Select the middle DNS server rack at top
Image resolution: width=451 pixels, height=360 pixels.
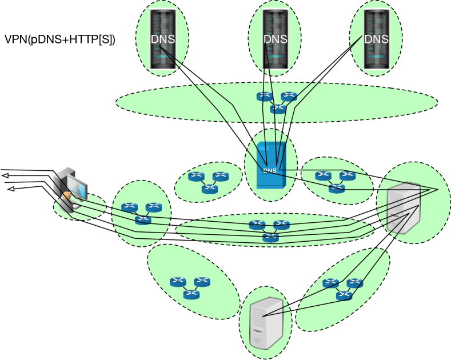click(275, 40)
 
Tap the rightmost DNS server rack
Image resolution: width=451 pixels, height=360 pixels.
click(376, 40)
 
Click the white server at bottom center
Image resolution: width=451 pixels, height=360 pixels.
click(266, 323)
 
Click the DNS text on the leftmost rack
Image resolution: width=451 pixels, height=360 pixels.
click(162, 39)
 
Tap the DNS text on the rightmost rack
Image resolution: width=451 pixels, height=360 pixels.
click(376, 39)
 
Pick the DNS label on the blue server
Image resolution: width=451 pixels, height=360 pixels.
click(270, 170)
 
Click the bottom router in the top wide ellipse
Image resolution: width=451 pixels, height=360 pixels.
click(278, 108)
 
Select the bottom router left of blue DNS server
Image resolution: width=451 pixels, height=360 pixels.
click(209, 189)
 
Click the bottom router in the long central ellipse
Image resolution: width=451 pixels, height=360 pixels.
click(271, 237)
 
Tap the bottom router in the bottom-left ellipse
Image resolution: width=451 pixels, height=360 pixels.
click(191, 294)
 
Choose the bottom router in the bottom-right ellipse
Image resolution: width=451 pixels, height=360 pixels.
click(344, 295)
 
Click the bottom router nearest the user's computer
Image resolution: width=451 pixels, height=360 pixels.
click(143, 219)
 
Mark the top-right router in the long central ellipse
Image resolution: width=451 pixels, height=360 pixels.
click(281, 225)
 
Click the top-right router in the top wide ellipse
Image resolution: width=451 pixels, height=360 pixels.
click(289, 97)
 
